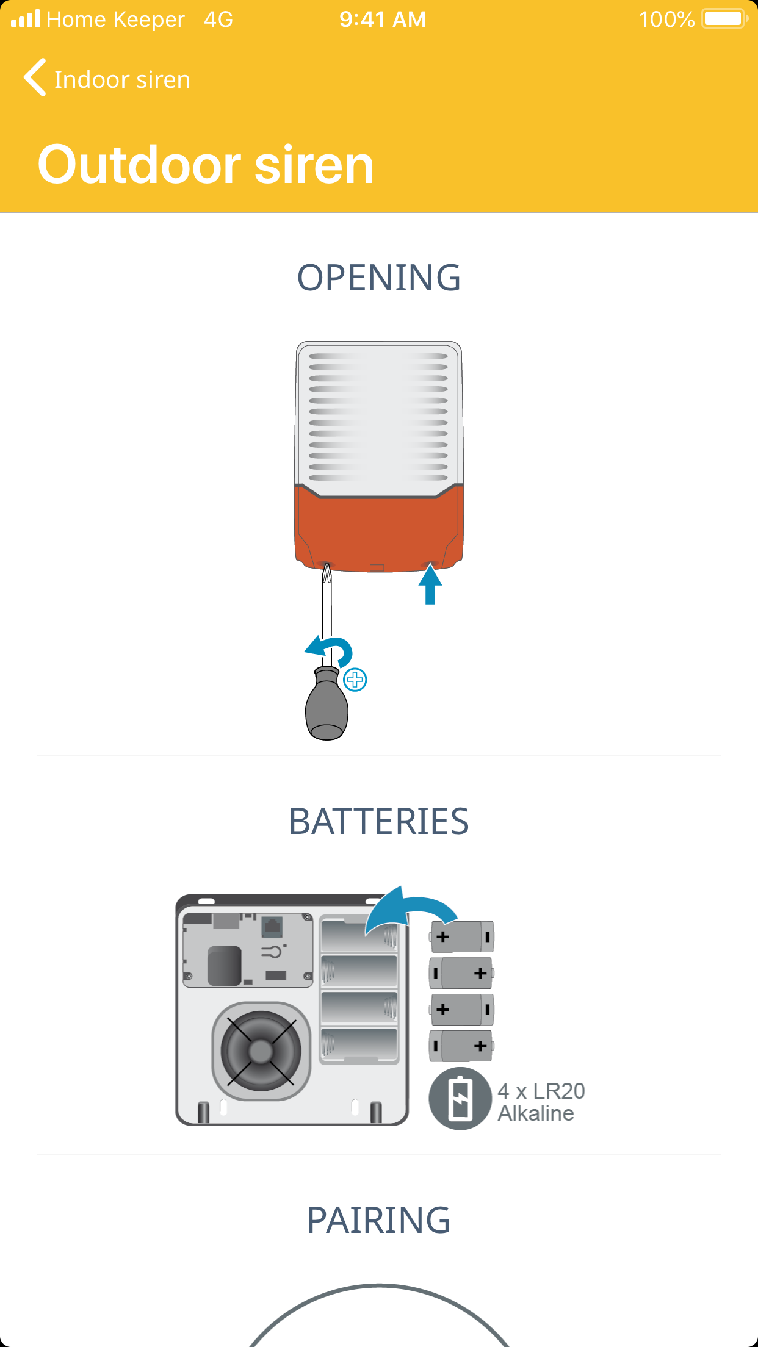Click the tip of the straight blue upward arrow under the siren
(x=430, y=564)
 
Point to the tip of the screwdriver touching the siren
(x=327, y=564)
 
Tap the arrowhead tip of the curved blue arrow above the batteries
(x=400, y=886)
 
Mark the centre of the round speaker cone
(x=261, y=1051)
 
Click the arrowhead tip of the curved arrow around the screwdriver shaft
(x=305, y=652)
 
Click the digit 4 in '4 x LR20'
(x=504, y=1091)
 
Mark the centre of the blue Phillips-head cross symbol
(x=355, y=680)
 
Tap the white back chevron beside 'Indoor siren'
(x=35, y=77)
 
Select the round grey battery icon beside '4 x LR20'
(x=460, y=1099)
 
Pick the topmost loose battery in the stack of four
(x=461, y=936)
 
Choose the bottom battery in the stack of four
(x=461, y=1046)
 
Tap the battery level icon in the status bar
(x=725, y=19)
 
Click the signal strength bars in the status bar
(x=26, y=19)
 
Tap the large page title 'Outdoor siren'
(x=206, y=165)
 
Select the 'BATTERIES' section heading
(x=379, y=821)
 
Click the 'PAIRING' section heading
(x=379, y=1220)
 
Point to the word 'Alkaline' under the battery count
(x=536, y=1113)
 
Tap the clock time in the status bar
(x=383, y=20)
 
